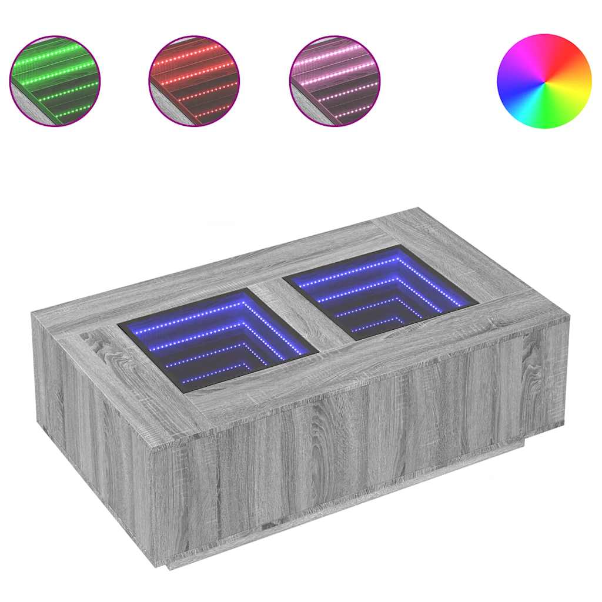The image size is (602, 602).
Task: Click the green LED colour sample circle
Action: tap(55, 81)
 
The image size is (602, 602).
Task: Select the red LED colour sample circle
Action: tap(194, 81)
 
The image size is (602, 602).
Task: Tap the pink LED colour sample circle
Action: tap(335, 81)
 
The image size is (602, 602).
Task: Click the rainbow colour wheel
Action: tap(544, 81)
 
